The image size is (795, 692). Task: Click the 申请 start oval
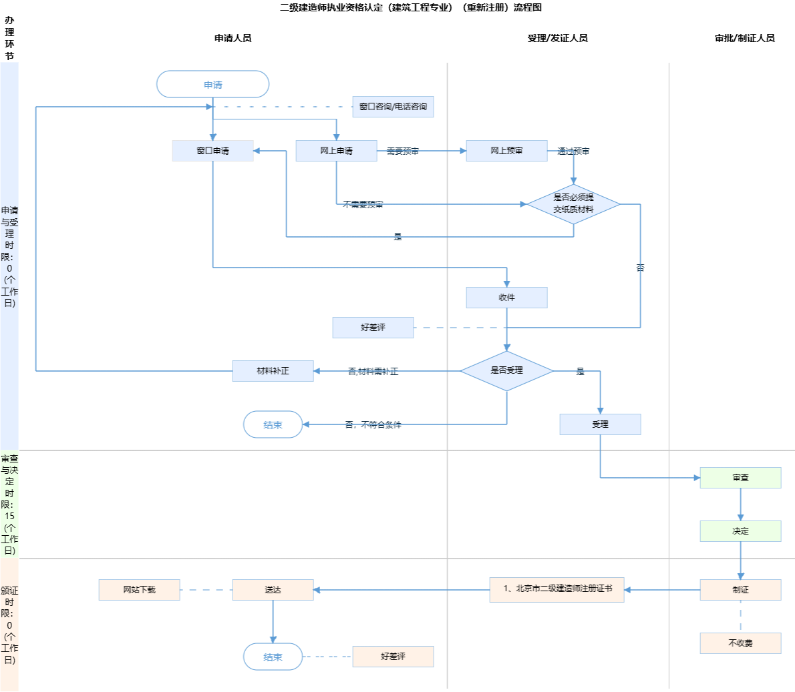coord(212,85)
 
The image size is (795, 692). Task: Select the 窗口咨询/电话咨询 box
coord(393,107)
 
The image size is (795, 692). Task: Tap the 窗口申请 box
coord(212,151)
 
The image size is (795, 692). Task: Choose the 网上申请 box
coord(336,151)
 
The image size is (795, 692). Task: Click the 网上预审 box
coord(506,151)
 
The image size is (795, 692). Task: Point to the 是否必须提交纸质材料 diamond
coord(573,204)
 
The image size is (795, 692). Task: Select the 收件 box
coord(506,298)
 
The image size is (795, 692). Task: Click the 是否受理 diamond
coord(506,370)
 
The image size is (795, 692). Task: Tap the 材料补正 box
coord(273,371)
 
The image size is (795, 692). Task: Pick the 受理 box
coord(600,424)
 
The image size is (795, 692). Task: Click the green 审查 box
coord(740,478)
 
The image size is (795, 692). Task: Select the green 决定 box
coord(740,531)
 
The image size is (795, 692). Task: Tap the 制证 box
coord(740,590)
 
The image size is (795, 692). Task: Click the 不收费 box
coord(740,643)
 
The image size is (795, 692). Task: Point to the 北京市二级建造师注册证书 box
coord(556,590)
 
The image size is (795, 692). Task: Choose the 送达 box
coord(273,590)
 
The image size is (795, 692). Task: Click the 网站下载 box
coord(139,590)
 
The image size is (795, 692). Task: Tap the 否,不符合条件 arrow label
coord(373,425)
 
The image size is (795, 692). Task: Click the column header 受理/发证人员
coord(557,38)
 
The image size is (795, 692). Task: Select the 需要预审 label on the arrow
coord(402,151)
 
